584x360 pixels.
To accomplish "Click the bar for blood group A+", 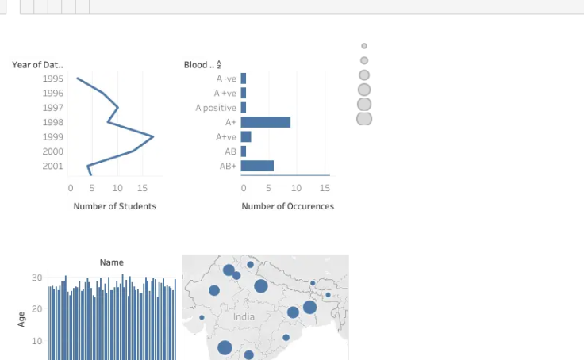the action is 266,122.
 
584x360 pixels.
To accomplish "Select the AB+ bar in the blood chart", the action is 257,166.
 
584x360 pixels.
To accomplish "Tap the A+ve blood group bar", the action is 246,136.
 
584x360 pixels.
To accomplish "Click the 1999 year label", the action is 53,137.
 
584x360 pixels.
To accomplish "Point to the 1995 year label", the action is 53,79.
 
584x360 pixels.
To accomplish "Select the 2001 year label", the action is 53,166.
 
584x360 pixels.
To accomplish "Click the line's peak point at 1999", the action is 153,136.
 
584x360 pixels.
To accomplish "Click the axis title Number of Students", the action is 115,206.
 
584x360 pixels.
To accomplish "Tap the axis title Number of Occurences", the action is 288,206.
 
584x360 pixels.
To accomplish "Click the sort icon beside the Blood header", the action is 219,64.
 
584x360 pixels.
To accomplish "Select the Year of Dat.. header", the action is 37,65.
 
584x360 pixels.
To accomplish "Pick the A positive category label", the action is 216,108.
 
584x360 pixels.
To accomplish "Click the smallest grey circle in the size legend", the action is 364,46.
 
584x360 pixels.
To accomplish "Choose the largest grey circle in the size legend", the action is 364,119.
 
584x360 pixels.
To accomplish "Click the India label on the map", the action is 244,317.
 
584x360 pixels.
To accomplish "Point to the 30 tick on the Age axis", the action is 36,278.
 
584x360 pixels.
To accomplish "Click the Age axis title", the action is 21,320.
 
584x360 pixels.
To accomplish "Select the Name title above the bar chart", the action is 112,262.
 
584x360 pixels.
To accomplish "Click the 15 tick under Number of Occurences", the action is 325,188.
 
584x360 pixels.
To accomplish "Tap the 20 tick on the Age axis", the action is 36,309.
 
